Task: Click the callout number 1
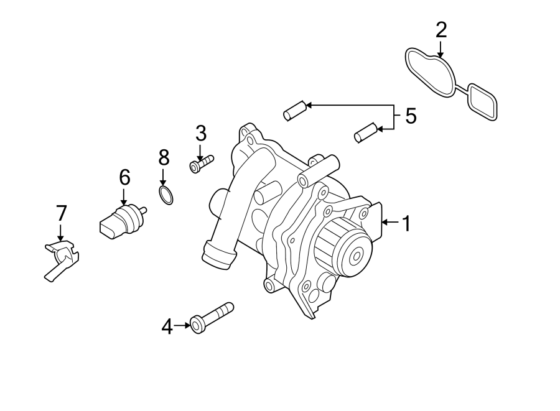406,223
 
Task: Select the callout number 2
441,29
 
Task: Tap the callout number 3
200,133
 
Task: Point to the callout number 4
167,325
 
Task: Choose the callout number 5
411,116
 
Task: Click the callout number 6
124,178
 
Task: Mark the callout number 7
60,214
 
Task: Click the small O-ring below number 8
166,195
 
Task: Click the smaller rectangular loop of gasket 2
482,102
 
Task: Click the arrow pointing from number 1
390,222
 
